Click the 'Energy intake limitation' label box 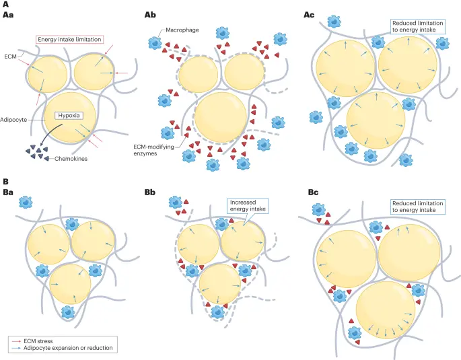[69, 39]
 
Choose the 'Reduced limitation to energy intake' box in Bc [415, 205]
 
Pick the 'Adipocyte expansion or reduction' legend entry [67, 349]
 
